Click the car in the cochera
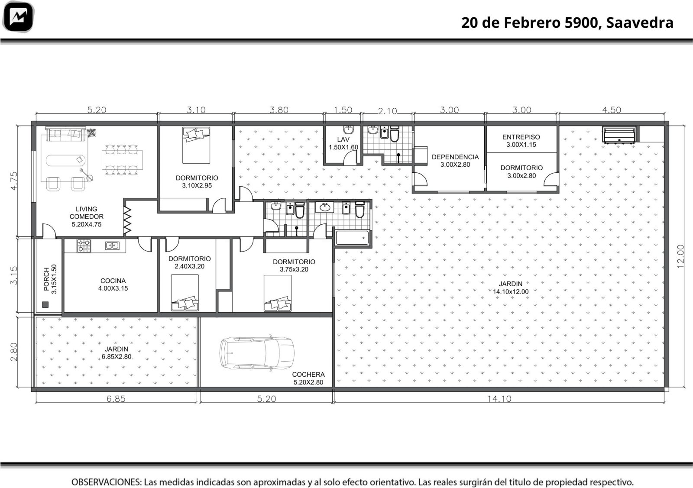click(257, 353)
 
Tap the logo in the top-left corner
click(18, 17)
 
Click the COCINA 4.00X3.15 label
click(113, 284)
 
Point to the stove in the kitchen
click(84, 246)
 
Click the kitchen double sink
click(112, 246)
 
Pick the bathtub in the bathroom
click(353, 238)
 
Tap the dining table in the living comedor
click(122, 160)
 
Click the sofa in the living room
click(65, 134)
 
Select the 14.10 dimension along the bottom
click(499, 399)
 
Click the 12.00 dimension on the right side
click(680, 256)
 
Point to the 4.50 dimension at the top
click(611, 110)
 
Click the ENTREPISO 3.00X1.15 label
click(521, 141)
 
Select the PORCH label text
click(46, 279)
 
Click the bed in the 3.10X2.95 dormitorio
click(196, 145)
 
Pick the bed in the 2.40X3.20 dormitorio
click(185, 293)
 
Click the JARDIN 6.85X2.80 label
click(117, 353)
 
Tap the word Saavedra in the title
click(639, 23)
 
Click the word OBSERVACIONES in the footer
click(107, 482)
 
